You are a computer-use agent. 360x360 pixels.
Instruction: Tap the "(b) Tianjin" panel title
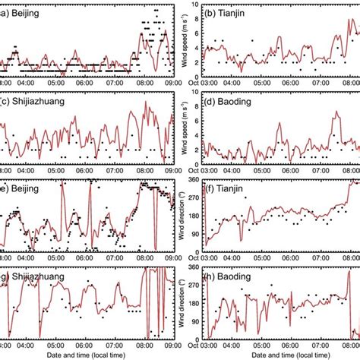(238, 13)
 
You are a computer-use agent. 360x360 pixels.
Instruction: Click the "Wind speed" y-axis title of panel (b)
(187, 39)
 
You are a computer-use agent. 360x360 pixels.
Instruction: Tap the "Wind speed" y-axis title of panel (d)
(187, 126)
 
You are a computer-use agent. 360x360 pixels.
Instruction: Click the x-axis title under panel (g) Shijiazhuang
(85, 355)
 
